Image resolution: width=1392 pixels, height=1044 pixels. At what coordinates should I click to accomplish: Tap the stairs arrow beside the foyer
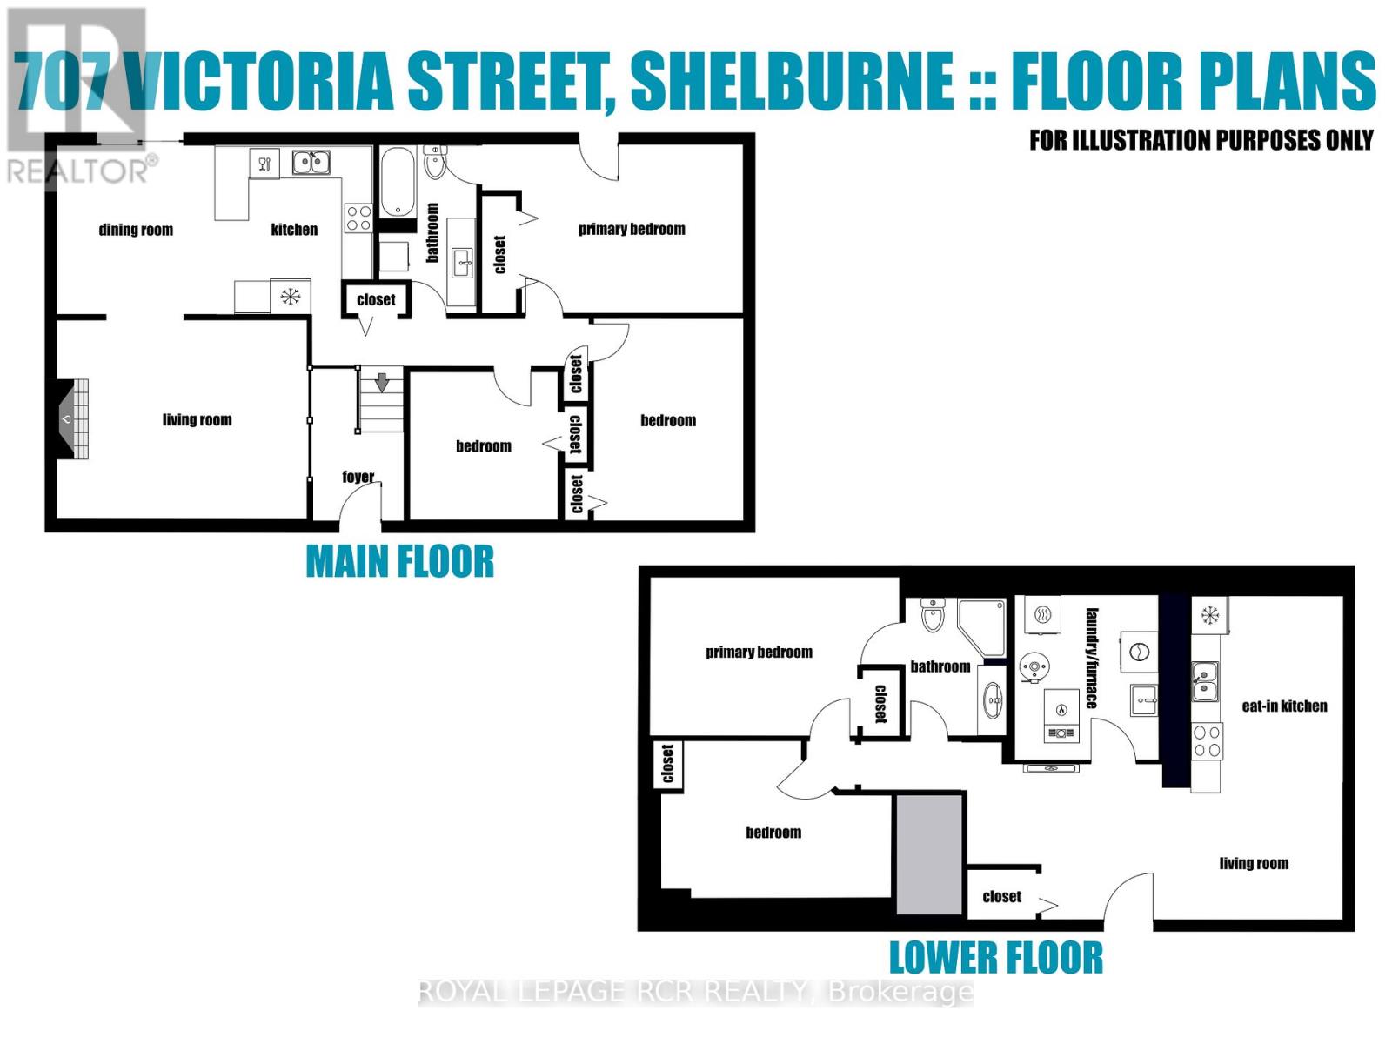(381, 382)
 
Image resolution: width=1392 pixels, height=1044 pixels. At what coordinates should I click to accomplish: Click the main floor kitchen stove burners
(358, 217)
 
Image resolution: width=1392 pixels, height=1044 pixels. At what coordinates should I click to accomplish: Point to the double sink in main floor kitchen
(311, 162)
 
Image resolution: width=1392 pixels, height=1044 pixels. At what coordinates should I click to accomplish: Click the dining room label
(136, 230)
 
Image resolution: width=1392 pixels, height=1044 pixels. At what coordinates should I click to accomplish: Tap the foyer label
(358, 477)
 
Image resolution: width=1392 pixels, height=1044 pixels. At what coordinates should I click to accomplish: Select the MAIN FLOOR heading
(399, 562)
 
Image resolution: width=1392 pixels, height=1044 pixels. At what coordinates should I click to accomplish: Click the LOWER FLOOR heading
(995, 958)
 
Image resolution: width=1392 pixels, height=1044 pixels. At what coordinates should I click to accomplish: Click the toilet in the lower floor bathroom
(933, 614)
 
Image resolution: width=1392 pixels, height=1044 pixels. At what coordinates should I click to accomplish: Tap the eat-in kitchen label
(1284, 706)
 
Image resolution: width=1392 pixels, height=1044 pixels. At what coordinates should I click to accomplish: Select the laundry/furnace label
(1091, 658)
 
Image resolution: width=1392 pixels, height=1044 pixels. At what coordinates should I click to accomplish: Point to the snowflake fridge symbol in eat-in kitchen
(1209, 615)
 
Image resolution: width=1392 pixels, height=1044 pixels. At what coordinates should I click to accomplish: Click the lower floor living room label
(1253, 863)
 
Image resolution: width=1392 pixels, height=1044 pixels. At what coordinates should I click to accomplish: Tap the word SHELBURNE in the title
(791, 81)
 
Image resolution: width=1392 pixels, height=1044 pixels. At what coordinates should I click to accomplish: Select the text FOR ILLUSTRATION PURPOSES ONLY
(1201, 140)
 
